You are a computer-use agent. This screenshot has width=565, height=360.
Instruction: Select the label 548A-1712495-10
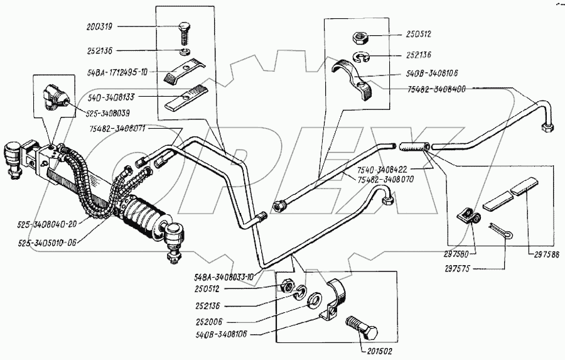[x=118, y=73]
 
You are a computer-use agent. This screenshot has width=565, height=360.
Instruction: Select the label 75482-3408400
[x=437, y=89]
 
